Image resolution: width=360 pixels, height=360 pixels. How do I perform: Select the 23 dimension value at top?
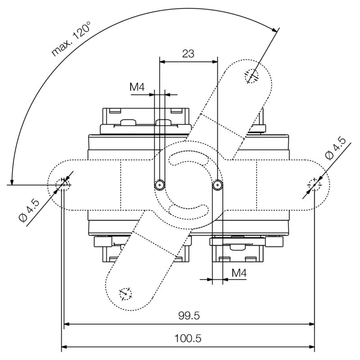[x=188, y=54]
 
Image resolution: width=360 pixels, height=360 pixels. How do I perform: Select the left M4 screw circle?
[x=159, y=184]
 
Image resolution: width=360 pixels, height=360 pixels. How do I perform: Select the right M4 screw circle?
[x=217, y=184]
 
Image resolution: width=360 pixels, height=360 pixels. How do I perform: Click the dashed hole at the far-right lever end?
[x=314, y=184]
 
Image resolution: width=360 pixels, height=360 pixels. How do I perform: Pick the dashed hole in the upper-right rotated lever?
[x=252, y=76]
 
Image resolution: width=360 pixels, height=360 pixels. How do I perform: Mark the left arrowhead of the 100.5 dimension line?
[x=64, y=346]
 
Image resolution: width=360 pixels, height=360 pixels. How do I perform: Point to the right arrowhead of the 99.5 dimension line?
[x=311, y=324]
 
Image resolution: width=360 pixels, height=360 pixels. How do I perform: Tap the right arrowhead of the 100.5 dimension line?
[x=311, y=346]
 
